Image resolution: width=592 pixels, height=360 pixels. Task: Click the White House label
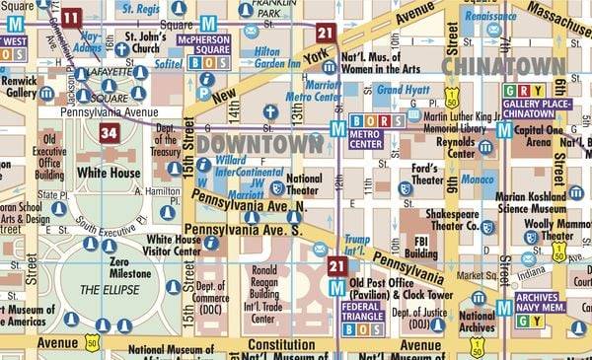[x=111, y=172]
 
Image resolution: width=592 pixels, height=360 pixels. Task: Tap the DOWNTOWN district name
[x=259, y=144]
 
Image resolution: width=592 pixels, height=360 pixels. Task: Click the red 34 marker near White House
[x=110, y=133]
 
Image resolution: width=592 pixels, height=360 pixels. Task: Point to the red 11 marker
[x=71, y=17]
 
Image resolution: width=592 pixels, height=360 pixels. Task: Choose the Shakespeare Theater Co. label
[x=454, y=218]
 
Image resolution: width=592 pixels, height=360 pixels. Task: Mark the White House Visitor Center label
[x=173, y=245]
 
